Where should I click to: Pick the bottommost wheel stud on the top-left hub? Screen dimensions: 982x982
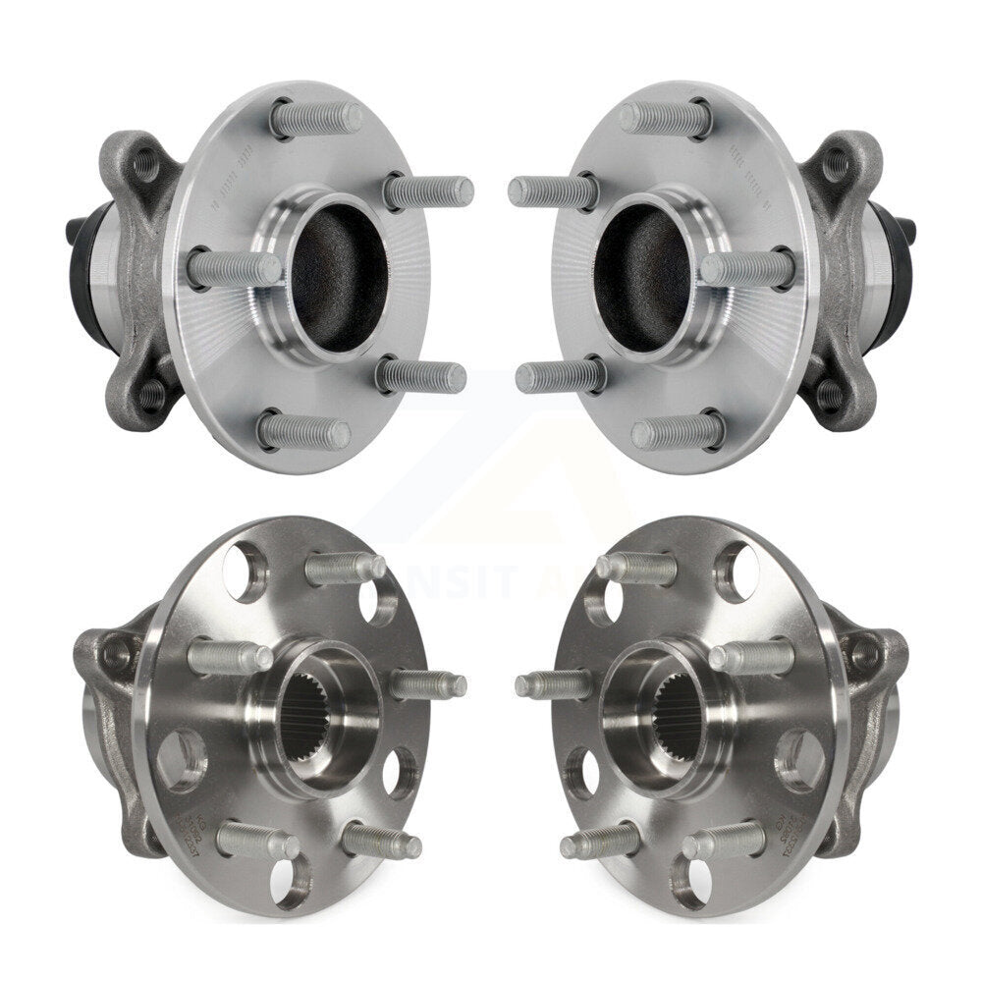tap(304, 430)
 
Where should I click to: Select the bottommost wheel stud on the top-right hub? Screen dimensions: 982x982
tap(678, 430)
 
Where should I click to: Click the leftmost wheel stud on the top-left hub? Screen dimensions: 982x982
tap(234, 268)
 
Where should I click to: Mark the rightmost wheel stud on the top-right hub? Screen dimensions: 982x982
tap(748, 268)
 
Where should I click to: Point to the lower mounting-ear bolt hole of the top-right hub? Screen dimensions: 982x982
tap(831, 395)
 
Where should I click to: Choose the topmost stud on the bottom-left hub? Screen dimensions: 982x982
tap(344, 568)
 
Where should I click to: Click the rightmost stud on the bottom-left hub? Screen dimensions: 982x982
tap(428, 683)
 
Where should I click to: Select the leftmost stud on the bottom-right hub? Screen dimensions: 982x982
tap(554, 683)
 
